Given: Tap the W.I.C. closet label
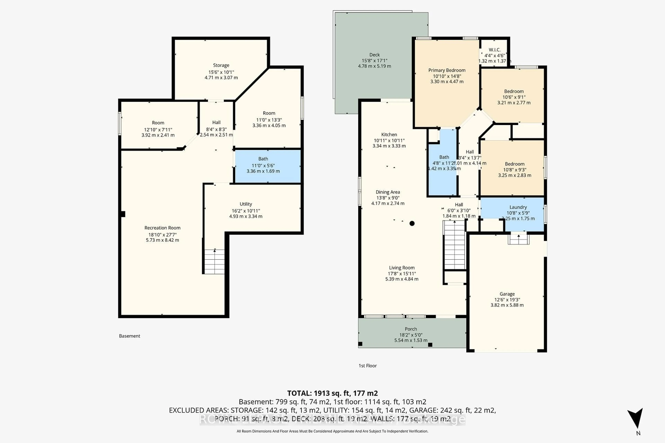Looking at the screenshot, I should (x=495, y=50).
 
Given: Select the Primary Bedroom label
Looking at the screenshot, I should (x=447, y=70).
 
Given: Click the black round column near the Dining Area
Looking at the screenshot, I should (x=412, y=223).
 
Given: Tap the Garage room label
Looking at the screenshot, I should (x=507, y=294).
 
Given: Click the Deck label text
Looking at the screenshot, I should (x=374, y=55).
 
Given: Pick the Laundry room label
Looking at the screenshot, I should (x=518, y=207).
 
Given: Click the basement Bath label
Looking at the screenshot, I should (x=263, y=159).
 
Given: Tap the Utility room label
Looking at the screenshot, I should (x=246, y=204).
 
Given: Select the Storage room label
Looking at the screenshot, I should (x=221, y=65).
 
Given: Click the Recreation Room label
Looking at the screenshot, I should (x=162, y=228).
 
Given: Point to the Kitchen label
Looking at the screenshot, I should (x=389, y=134).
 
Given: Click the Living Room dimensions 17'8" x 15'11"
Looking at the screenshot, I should (x=402, y=273).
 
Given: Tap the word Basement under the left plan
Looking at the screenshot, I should (x=130, y=336).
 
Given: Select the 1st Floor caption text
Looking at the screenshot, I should (x=367, y=366).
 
